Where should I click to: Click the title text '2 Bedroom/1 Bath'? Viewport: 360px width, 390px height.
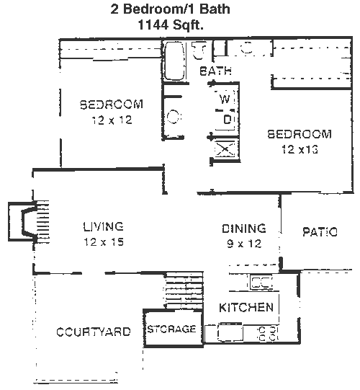[x=170, y=9]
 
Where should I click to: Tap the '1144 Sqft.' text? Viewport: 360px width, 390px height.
[x=171, y=25]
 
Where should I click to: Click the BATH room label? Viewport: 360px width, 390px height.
[x=215, y=71]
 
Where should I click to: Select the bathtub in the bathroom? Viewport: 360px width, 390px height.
[x=175, y=61]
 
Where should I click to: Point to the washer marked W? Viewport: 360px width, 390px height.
[x=225, y=99]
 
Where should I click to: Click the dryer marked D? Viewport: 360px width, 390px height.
[x=227, y=120]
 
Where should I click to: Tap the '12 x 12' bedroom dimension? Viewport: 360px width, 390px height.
[x=112, y=120]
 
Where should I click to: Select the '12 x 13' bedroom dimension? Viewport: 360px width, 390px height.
[x=300, y=149]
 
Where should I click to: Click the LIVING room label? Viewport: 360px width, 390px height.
[x=104, y=226]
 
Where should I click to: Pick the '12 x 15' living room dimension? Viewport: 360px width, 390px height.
[x=104, y=242]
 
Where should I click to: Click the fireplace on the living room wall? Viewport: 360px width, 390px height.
[x=29, y=222]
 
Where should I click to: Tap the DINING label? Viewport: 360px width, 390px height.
[x=244, y=229]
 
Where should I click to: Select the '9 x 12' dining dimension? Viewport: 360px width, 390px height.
[x=245, y=244]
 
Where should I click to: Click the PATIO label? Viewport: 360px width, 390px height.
[x=320, y=232]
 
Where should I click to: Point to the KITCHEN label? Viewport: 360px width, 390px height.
[x=246, y=308]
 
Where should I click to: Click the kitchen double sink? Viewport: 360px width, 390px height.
[x=261, y=283]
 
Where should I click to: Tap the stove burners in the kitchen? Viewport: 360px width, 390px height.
[x=267, y=334]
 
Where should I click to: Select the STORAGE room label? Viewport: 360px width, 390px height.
[x=172, y=329]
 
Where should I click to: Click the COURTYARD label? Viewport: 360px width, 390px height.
[x=94, y=332]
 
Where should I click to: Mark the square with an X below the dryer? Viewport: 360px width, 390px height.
[x=225, y=149]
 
